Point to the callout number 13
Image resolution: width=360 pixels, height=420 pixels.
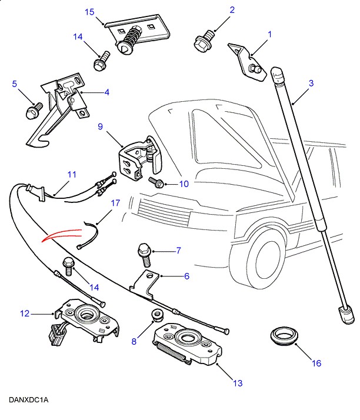tap(238, 384)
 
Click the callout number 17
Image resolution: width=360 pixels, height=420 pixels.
tap(115, 204)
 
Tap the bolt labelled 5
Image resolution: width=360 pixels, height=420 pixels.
tap(32, 110)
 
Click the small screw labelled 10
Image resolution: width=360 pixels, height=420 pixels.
tap(158, 181)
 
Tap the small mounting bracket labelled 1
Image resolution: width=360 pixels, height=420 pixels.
tap(248, 59)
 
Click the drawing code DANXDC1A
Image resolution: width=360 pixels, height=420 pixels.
tap(28, 400)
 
